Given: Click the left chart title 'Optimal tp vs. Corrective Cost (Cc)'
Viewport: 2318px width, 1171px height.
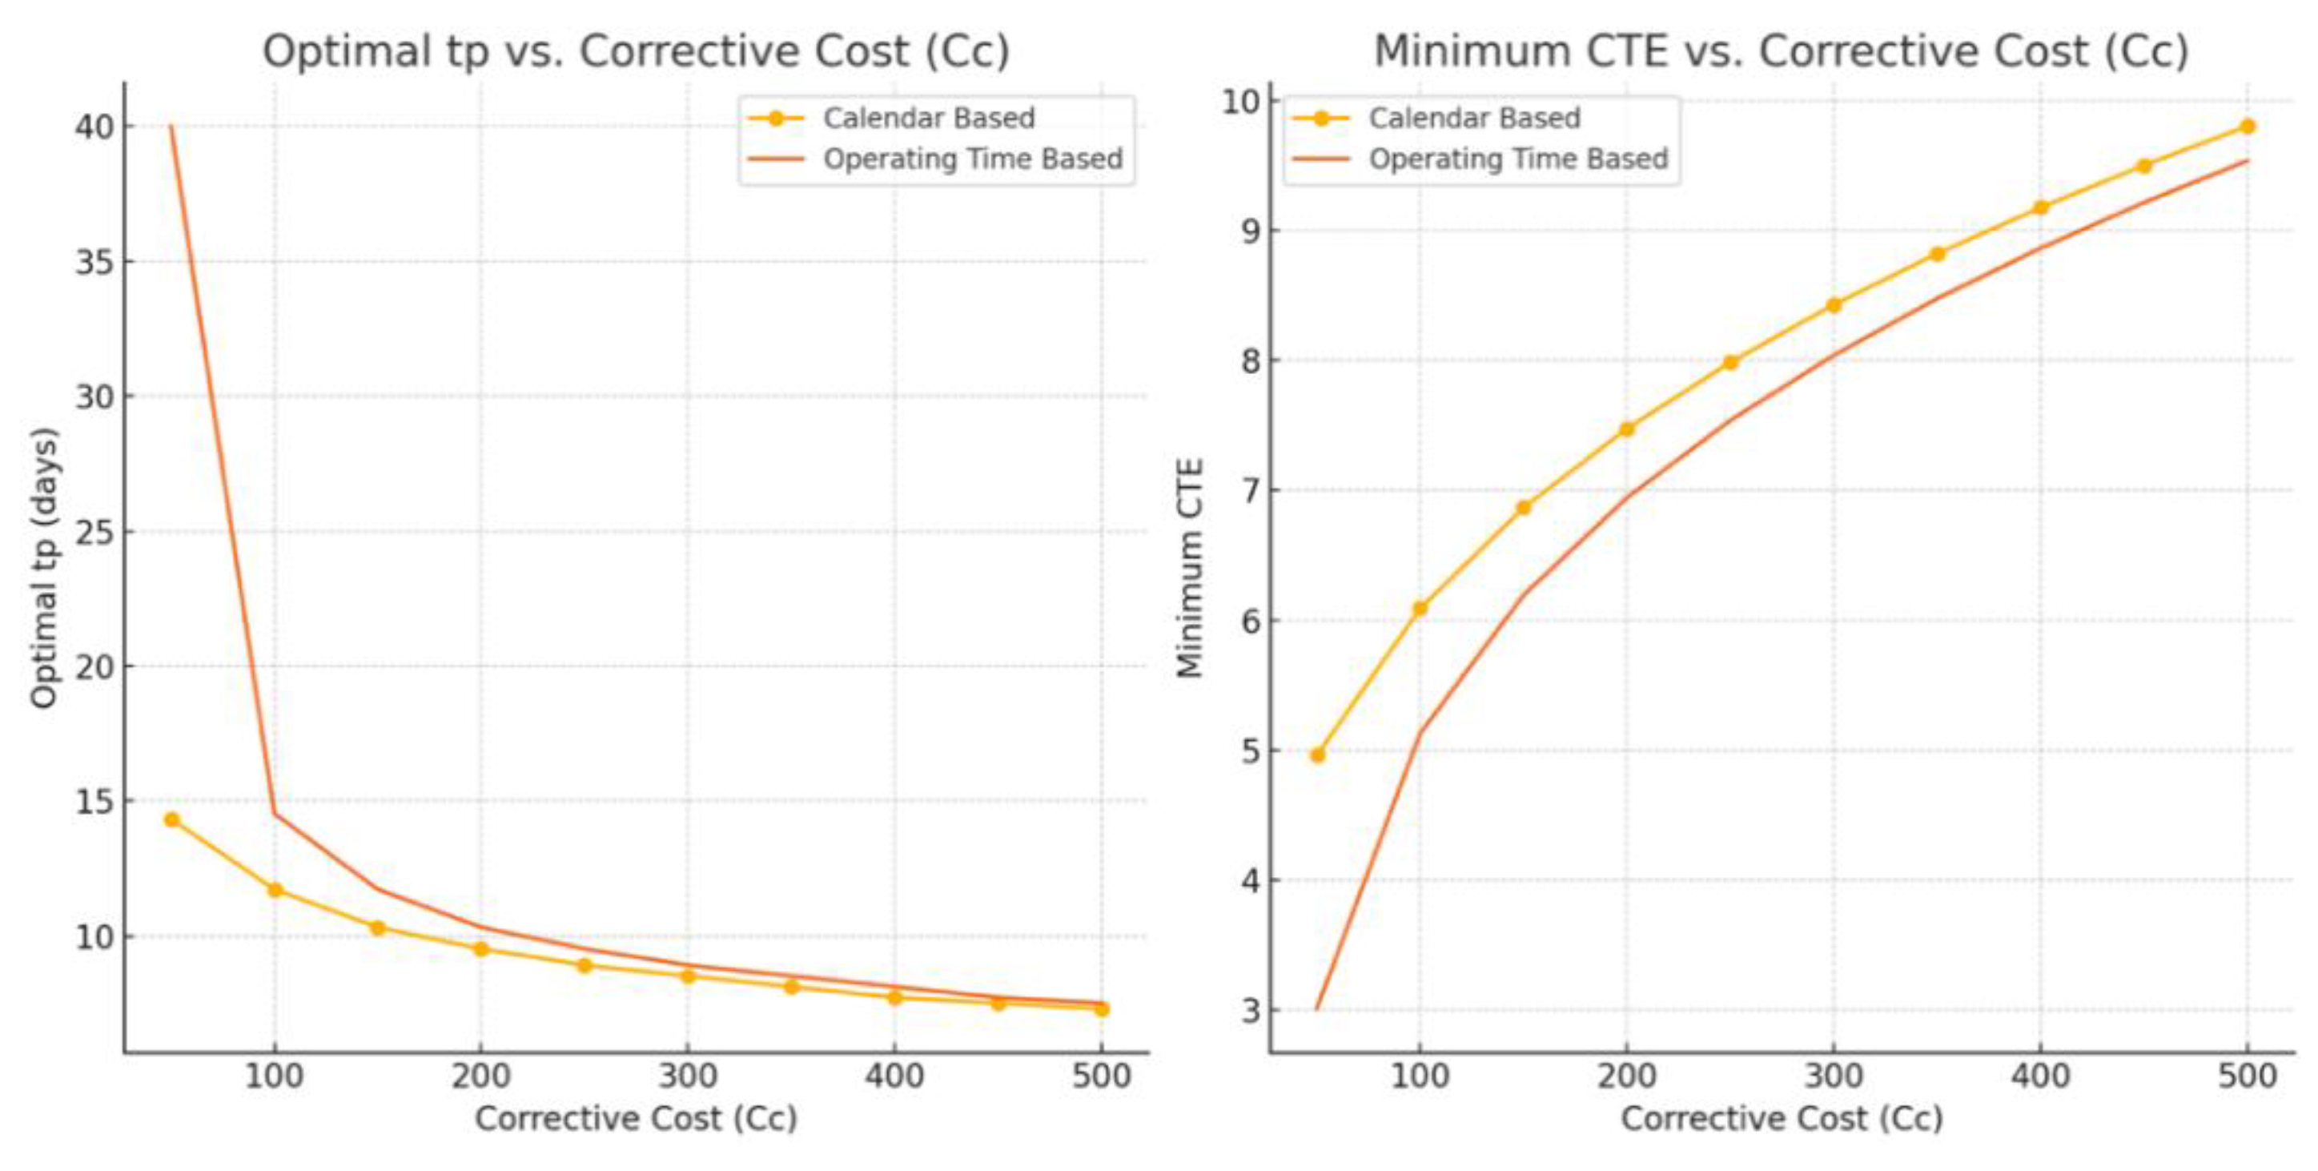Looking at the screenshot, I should [635, 50].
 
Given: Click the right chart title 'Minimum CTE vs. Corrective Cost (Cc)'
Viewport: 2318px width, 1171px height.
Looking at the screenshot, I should [1781, 50].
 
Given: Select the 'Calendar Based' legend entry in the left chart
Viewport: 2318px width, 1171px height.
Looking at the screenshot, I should [929, 118].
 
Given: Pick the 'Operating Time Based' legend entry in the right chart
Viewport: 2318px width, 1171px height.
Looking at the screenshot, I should [1518, 159].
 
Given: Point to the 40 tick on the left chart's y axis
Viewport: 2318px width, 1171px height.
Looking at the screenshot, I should [94, 127].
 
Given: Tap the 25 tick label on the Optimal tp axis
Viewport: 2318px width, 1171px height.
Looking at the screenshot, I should [94, 532].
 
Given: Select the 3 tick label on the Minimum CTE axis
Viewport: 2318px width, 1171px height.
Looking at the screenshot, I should [1251, 1011].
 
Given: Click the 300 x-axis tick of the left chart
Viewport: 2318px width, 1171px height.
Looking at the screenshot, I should [688, 1076].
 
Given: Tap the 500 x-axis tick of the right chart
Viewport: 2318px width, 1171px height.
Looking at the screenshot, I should [2247, 1076].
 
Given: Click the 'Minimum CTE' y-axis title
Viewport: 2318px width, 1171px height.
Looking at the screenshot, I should [1190, 568].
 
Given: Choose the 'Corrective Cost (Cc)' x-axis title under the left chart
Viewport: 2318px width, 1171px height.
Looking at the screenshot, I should [635, 1119].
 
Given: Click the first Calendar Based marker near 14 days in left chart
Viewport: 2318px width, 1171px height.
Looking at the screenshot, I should [172, 819].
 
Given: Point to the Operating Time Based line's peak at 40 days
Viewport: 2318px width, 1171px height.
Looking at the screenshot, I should [171, 127].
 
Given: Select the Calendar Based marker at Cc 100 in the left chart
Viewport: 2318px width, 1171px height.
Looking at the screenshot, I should [275, 890].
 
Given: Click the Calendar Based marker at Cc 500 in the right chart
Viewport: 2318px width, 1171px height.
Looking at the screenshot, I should [2247, 126].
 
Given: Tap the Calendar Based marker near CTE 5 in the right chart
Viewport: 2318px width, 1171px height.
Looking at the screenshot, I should [1317, 755].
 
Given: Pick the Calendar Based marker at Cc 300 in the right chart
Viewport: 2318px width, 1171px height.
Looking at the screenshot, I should [1834, 305].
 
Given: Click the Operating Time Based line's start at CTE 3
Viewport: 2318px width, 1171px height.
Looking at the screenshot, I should [1317, 1009].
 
